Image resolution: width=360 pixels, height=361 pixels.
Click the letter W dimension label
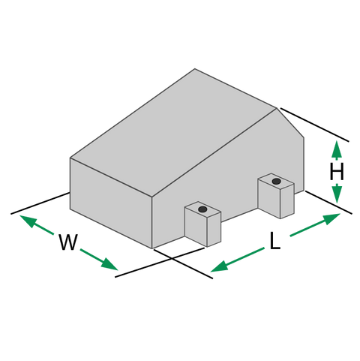click(x=68, y=242)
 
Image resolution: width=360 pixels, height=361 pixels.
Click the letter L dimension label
click(x=275, y=241)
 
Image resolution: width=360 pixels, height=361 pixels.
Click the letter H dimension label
click(x=337, y=172)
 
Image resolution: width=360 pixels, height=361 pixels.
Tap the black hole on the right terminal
click(x=276, y=181)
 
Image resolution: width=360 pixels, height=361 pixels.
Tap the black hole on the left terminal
click(x=202, y=209)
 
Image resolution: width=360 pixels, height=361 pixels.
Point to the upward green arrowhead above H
click(x=337, y=149)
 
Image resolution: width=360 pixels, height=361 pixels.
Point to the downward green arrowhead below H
click(x=337, y=193)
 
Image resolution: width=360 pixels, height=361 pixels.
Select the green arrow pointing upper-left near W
click(x=37, y=225)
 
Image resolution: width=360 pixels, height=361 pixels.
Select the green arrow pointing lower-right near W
click(x=99, y=260)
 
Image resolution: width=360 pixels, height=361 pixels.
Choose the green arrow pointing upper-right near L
click(x=315, y=225)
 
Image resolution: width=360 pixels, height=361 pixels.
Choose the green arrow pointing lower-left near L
click(x=238, y=260)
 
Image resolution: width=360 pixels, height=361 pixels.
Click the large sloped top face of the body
click(x=172, y=133)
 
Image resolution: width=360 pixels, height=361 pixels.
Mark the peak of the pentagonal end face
click(x=277, y=108)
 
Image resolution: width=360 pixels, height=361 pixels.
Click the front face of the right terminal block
click(x=269, y=198)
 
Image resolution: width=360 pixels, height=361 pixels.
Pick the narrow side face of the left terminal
click(x=214, y=229)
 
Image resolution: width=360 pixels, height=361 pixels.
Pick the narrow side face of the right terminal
click(x=287, y=201)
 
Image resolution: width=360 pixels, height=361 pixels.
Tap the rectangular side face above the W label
click(x=111, y=203)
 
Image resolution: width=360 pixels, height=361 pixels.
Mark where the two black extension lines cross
click(x=172, y=258)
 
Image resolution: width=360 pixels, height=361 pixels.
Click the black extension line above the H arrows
click(x=314, y=125)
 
